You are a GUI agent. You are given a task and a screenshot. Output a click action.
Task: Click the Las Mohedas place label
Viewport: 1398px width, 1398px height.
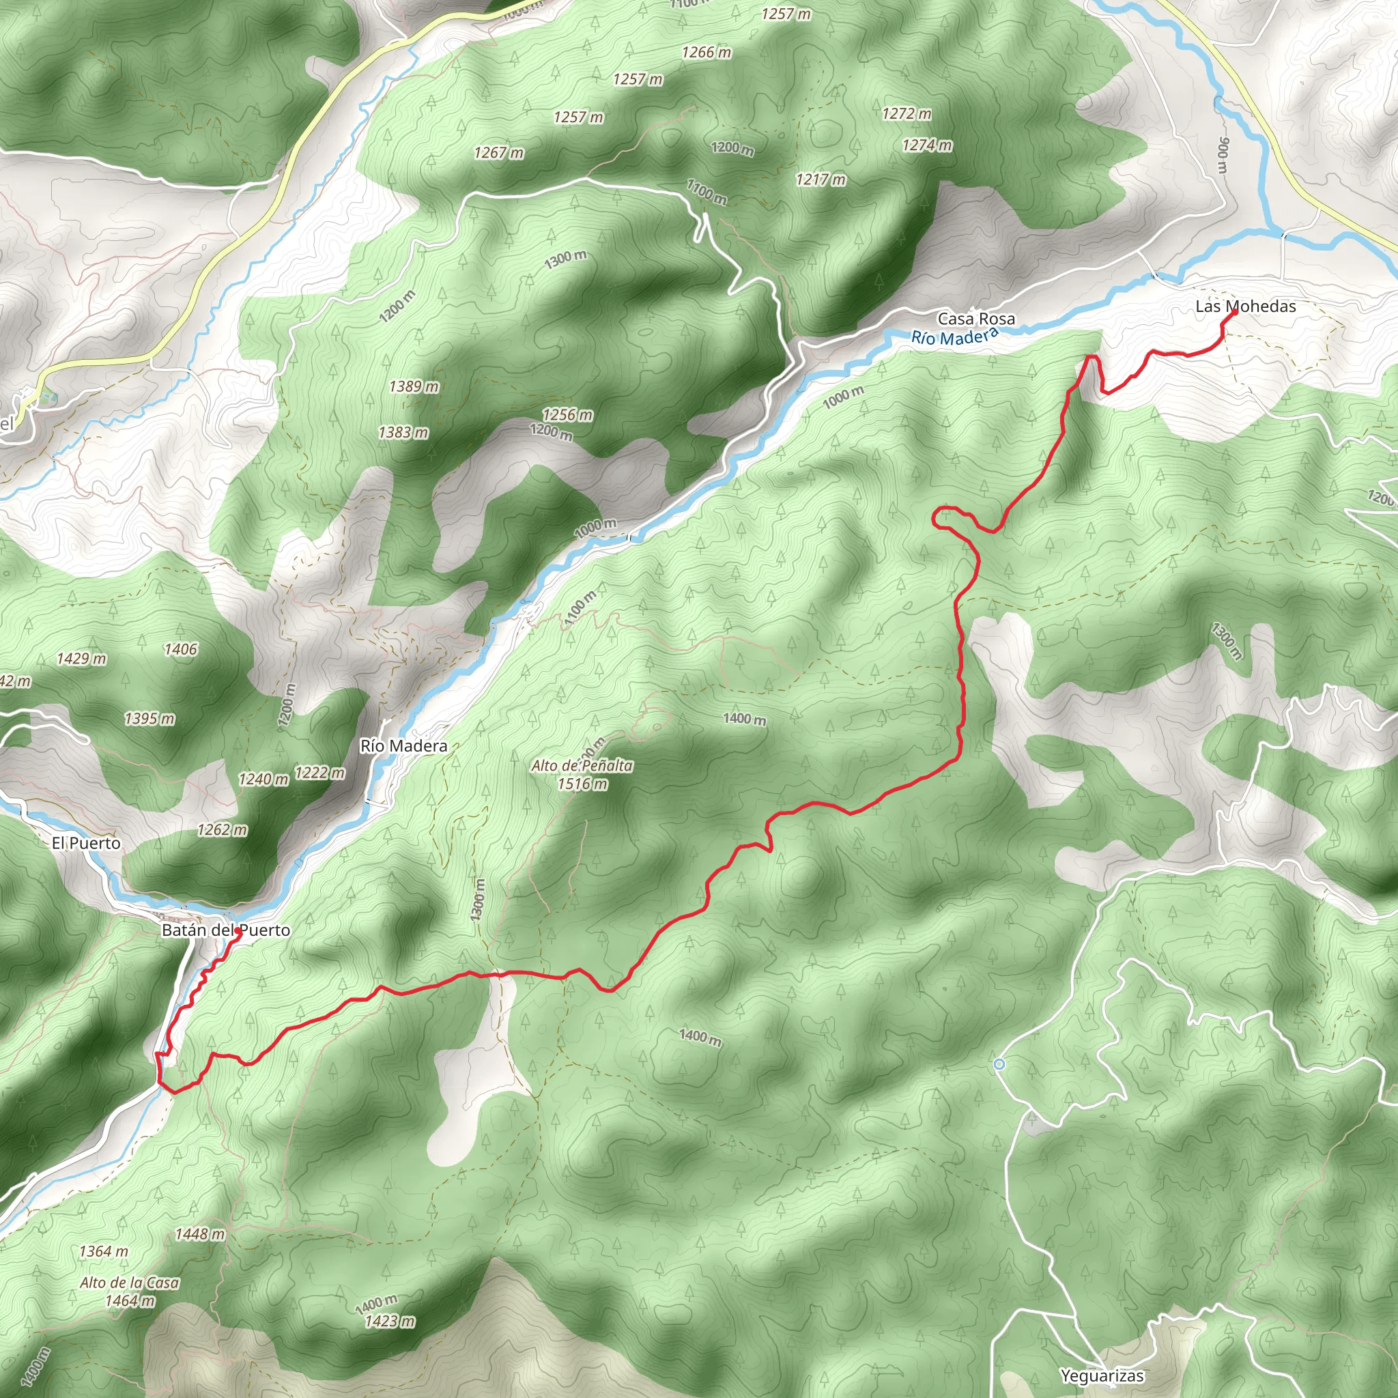tap(1245, 306)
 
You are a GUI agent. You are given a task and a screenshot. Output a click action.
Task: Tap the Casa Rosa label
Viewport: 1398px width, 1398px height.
tap(975, 318)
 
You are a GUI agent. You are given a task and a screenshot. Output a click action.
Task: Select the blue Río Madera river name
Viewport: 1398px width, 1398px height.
tap(954, 337)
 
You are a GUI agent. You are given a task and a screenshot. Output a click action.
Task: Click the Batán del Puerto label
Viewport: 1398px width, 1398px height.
tap(226, 930)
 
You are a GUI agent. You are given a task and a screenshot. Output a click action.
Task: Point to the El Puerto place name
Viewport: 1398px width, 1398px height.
tap(86, 843)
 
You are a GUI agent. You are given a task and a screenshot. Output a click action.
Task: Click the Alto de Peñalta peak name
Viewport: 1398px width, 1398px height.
tap(582, 766)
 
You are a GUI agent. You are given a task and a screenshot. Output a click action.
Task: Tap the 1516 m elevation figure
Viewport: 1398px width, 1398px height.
tap(582, 784)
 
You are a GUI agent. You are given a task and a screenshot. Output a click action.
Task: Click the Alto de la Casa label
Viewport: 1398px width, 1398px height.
tap(130, 1282)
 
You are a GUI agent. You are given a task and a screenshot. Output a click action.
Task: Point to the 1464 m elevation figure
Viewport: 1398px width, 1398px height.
tap(130, 1300)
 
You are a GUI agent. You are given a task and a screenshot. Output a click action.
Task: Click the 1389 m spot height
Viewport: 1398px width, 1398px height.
tap(414, 386)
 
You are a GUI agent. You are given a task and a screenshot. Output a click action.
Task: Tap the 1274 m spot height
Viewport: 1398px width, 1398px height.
tap(927, 146)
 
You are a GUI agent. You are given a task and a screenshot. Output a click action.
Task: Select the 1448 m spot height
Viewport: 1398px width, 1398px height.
tap(201, 1233)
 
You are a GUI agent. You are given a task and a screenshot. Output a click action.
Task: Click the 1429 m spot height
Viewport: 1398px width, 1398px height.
tap(82, 659)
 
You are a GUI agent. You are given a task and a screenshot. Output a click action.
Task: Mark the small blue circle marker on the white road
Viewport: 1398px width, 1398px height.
tap(999, 1064)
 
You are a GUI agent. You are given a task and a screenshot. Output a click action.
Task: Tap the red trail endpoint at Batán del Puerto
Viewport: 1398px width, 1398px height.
tap(238, 931)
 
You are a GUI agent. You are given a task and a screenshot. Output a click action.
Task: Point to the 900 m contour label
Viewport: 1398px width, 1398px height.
tap(1223, 155)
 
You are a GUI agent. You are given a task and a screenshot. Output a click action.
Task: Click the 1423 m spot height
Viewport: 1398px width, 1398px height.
tap(390, 1322)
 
